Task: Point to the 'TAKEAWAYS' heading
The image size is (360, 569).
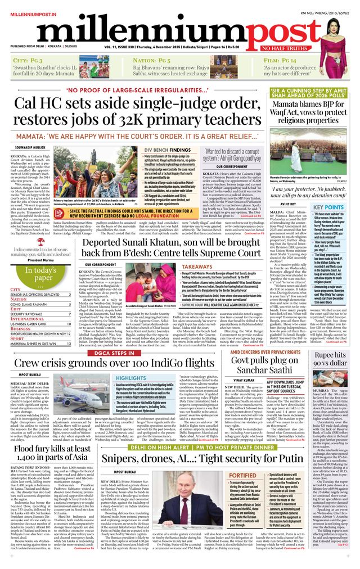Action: pyautogui.click(x=197, y=268)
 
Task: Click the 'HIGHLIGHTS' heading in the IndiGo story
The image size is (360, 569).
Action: pyautogui.click(x=130, y=378)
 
